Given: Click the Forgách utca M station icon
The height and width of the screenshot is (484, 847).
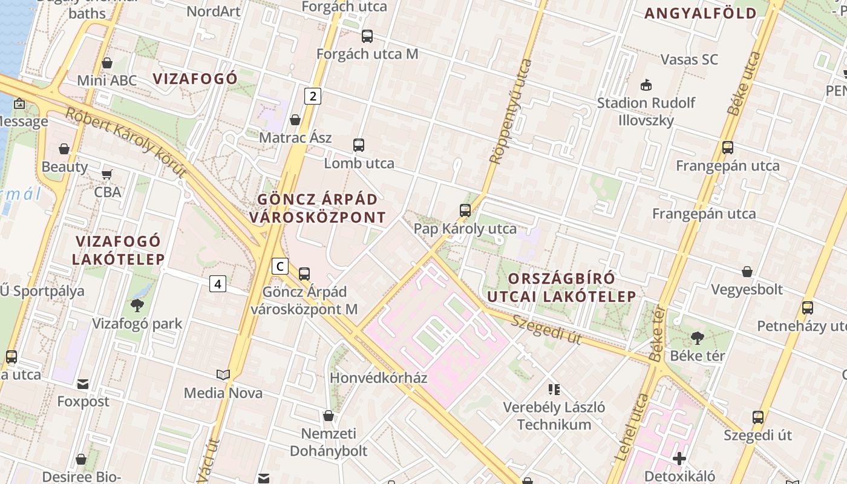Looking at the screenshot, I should point(367,36).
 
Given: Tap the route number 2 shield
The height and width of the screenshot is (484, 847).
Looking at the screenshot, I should point(312,96).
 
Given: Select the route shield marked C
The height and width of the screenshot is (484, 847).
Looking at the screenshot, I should point(280,266).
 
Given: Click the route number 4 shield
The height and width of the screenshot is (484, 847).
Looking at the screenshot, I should point(218,283).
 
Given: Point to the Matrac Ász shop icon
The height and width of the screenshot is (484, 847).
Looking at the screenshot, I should point(295,120).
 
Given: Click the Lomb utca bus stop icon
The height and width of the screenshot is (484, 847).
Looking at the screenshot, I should point(359,145).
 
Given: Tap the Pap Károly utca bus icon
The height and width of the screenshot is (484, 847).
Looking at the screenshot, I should point(465,211).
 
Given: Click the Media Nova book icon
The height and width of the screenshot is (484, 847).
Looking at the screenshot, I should point(223,375).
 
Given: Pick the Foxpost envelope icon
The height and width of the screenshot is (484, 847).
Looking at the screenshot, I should point(83,384).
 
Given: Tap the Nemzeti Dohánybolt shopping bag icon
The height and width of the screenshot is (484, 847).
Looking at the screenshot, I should point(329,416).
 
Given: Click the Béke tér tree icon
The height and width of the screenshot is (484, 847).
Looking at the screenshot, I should point(697,338).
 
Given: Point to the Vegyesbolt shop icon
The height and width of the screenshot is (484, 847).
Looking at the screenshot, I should point(747,272).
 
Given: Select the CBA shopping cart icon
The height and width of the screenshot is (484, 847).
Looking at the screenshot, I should point(107,174).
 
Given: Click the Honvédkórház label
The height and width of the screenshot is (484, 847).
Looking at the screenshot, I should point(379,378).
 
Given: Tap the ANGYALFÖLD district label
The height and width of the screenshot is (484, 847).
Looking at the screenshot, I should point(701,13).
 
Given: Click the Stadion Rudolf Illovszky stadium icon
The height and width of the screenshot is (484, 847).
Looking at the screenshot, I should point(646,85).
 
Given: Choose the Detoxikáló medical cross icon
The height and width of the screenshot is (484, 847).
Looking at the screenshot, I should point(679,459).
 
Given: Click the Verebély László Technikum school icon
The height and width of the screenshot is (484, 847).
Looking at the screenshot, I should point(554,389).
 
